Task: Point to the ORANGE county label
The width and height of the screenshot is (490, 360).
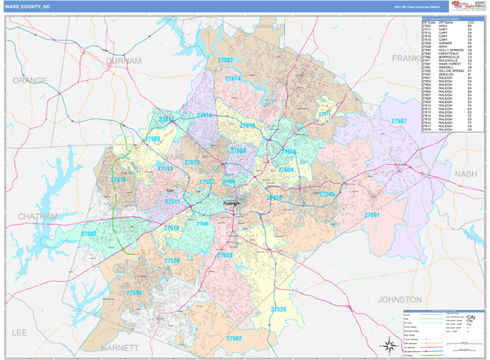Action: pyautogui.click(x=30, y=81)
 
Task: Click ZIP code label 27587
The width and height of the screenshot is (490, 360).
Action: pyautogui.click(x=225, y=61)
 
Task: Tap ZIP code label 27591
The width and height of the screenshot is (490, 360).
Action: pyautogui.click(x=372, y=214)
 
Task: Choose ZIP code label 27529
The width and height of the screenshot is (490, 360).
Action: pyautogui.click(x=278, y=309)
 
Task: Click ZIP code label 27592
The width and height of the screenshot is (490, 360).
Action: pyautogui.click(x=234, y=337)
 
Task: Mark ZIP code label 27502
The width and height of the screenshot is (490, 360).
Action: pyautogui.click(x=88, y=234)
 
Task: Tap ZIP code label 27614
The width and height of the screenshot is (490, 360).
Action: pyautogui.click(x=233, y=78)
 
